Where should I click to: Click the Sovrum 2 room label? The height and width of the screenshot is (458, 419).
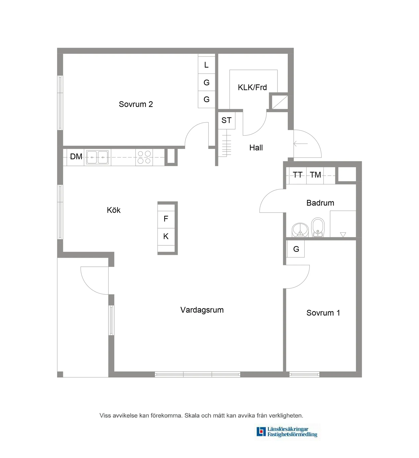coord(136,104)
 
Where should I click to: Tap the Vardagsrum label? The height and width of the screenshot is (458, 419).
coord(202,310)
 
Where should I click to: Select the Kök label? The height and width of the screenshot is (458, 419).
coord(114,210)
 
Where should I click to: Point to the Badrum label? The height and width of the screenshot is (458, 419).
coord(320,203)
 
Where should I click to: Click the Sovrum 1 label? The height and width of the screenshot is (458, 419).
coord(323,313)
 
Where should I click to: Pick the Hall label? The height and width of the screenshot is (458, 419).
coord(256,148)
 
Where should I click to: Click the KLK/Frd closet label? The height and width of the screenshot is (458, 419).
coord(252,88)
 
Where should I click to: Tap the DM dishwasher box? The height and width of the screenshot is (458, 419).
coord(76,157)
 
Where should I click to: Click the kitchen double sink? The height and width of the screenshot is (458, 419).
coord(97,157)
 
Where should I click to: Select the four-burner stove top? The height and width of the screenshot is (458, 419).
coord(144,157)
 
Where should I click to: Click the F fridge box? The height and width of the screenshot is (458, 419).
coord(166,219)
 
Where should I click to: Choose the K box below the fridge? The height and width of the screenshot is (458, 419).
coord(166,237)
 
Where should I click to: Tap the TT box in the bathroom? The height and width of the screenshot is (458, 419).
coord(298,175)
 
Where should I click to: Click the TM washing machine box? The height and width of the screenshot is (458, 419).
coord(315,175)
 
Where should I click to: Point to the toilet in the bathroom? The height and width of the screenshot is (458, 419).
coord(318,227)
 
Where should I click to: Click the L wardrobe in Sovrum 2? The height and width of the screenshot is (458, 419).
coord(206,65)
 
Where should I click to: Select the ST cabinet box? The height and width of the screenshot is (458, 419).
coord(227,120)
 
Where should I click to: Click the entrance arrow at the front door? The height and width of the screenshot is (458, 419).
coord(300,144)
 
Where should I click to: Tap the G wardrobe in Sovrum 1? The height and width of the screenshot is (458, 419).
coord(296,249)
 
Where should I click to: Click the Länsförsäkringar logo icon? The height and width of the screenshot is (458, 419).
coord(261,432)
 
